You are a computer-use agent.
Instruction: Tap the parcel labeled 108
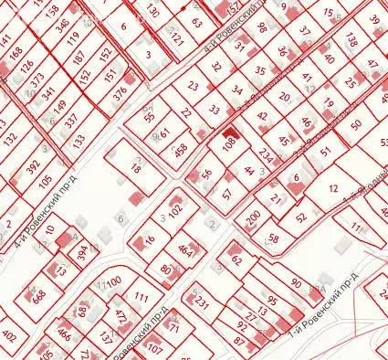(x=229, y=143)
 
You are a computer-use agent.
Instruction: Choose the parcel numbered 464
(x=185, y=249)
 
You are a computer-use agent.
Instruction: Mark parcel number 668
(x=39, y=296)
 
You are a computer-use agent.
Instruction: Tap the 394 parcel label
(x=83, y=249)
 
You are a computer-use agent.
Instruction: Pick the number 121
(x=177, y=41)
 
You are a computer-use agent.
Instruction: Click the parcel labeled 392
(x=33, y=169)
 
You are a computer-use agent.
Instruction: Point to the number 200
(x=253, y=216)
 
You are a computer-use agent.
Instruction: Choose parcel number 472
(x=120, y=317)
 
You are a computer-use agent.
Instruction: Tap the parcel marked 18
(x=136, y=168)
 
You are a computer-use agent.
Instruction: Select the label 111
(x=141, y=297)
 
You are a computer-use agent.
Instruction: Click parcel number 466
(x=64, y=335)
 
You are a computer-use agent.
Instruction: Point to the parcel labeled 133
(x=79, y=140)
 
